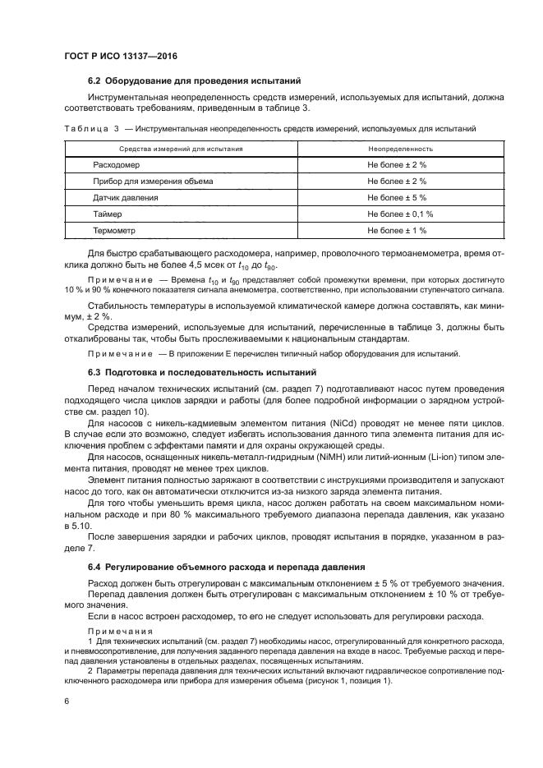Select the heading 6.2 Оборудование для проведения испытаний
click(194, 80)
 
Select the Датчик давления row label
click(126, 198)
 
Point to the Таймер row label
click(108, 214)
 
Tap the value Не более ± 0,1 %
click(400, 214)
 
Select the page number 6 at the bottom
click(67, 701)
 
